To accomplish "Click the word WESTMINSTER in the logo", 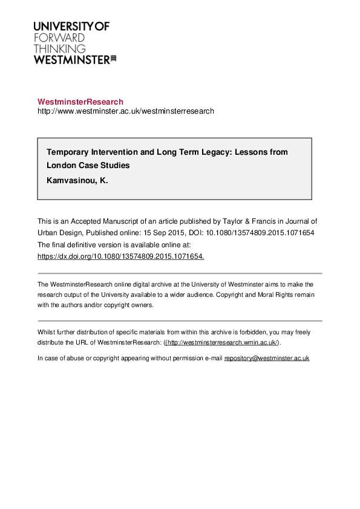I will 71,59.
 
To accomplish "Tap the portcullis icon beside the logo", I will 113,59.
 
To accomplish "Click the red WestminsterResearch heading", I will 80,102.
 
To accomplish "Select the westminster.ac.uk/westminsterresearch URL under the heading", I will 126,111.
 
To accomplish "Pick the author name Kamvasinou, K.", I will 77,180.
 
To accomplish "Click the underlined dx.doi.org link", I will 121,256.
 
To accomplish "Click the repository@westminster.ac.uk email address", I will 267,358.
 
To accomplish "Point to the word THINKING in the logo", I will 59,48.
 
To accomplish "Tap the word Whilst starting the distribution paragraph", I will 46,332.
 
